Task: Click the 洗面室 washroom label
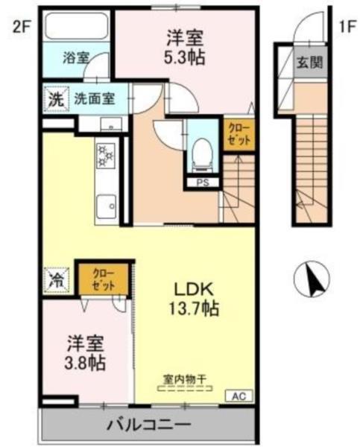[93, 98]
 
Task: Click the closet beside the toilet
[239, 137]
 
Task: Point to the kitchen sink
[105, 203]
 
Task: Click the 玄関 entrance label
[312, 62]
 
